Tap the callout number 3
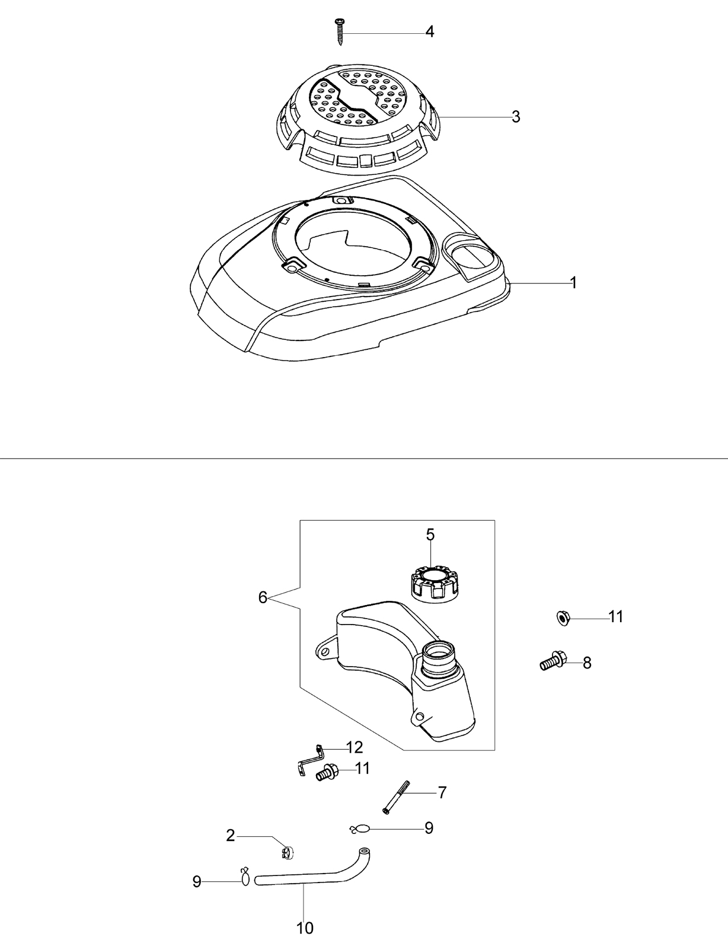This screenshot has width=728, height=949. click(516, 117)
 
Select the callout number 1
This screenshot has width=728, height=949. click(573, 283)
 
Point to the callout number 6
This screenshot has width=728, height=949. click(262, 597)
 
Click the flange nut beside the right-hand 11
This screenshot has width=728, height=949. click(563, 619)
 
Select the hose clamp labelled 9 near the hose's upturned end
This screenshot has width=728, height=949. click(359, 829)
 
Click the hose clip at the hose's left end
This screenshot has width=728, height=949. click(245, 876)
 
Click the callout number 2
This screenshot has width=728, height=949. click(231, 836)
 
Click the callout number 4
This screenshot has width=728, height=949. click(430, 31)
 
